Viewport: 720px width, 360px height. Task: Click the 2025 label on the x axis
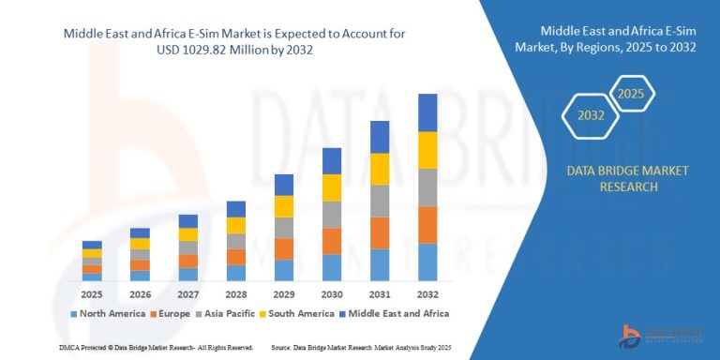tap(92, 292)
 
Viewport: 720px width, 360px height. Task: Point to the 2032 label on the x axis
tap(427, 292)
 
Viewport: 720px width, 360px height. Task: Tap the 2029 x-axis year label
tap(283, 292)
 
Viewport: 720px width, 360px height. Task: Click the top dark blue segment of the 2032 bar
tap(427, 112)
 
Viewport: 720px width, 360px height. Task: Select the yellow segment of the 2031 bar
tap(380, 169)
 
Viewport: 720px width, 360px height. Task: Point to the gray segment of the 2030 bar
tap(332, 215)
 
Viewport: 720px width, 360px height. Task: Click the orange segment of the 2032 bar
tap(427, 225)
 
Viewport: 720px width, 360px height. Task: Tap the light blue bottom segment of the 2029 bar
tap(284, 270)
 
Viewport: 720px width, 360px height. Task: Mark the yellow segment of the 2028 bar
tap(236, 225)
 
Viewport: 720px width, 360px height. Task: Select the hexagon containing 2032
tap(590, 117)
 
